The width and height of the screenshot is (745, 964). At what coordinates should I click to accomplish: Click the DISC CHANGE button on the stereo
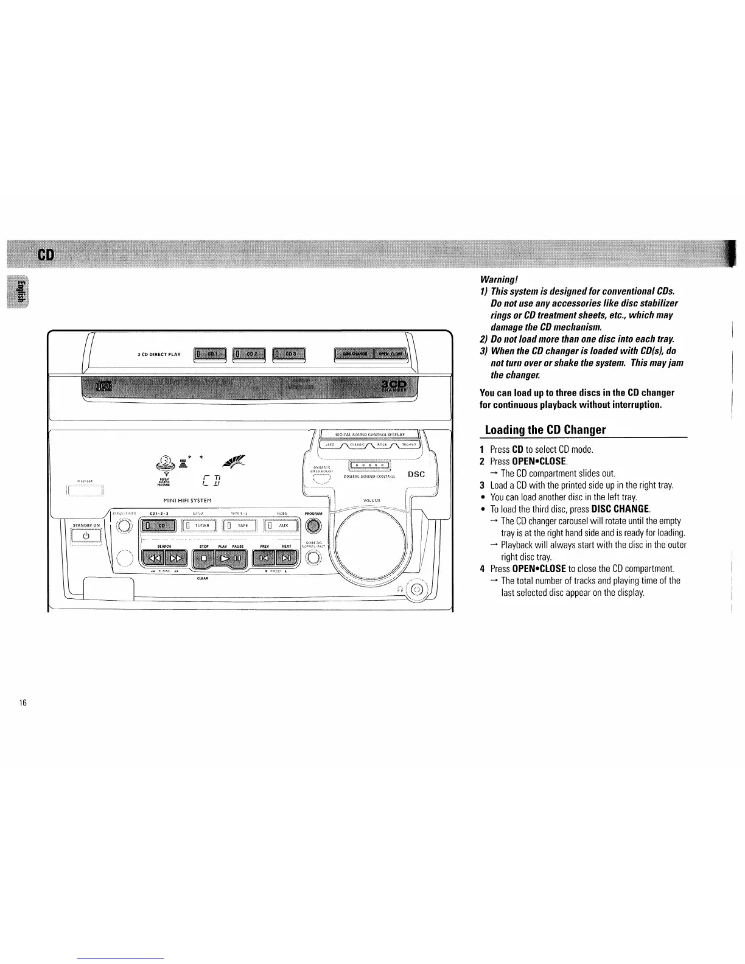[355, 354]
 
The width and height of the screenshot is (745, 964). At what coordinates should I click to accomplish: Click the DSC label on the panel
[416, 474]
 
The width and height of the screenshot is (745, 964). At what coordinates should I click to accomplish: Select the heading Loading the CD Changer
[544, 430]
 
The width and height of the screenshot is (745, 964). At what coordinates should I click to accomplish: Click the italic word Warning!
[498, 280]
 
